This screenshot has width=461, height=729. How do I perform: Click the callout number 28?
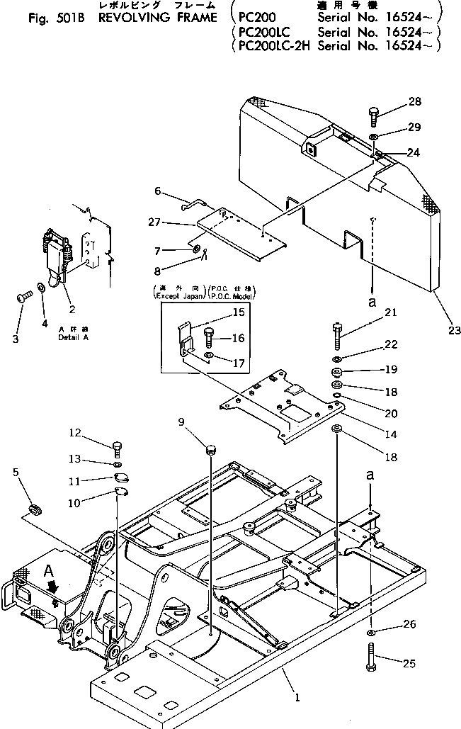[414, 102]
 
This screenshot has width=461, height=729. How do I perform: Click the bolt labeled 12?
[118, 448]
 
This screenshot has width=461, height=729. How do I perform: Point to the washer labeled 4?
[42, 288]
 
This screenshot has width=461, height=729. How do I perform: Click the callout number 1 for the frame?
[297, 697]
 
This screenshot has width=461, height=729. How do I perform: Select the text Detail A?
[72, 338]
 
